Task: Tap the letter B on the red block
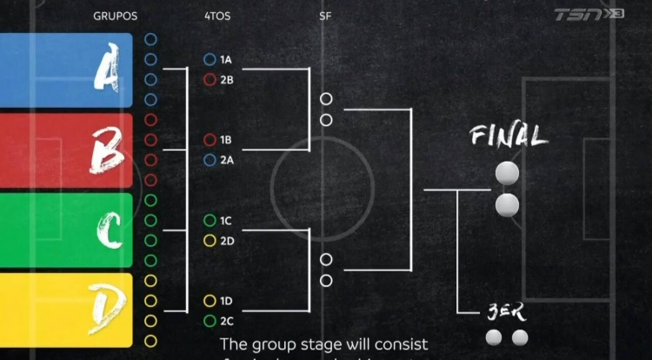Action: [108, 150]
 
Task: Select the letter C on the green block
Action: [108, 230]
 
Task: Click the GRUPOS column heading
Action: [116, 17]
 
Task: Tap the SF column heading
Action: [326, 17]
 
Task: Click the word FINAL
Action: [509, 136]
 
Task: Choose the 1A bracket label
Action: [226, 60]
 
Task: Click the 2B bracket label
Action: [226, 80]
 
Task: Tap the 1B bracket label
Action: [226, 140]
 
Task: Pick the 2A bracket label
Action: [226, 160]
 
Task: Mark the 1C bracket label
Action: [226, 221]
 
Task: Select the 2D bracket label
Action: [226, 240]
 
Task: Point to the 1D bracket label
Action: [226, 301]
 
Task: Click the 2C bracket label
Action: [226, 321]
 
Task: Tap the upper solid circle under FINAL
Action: [507, 174]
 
